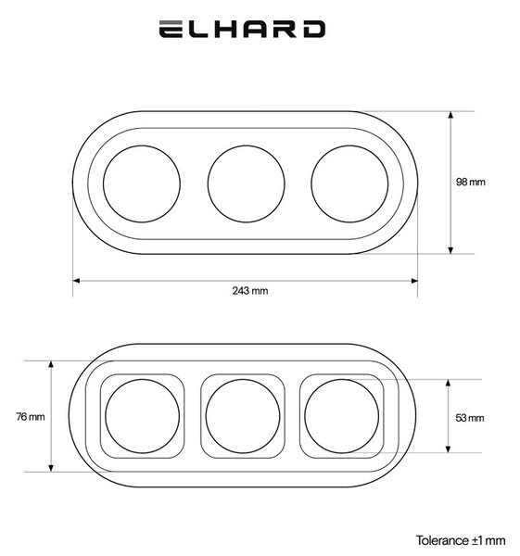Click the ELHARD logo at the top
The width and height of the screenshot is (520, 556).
[x=242, y=29]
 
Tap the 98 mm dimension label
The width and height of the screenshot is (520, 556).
[x=470, y=182]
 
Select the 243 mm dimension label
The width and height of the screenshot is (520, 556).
[x=250, y=291]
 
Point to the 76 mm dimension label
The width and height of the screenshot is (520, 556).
[x=31, y=416]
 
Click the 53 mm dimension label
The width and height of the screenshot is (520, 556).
[x=470, y=418]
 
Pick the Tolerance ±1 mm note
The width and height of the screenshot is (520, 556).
[x=461, y=541]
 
